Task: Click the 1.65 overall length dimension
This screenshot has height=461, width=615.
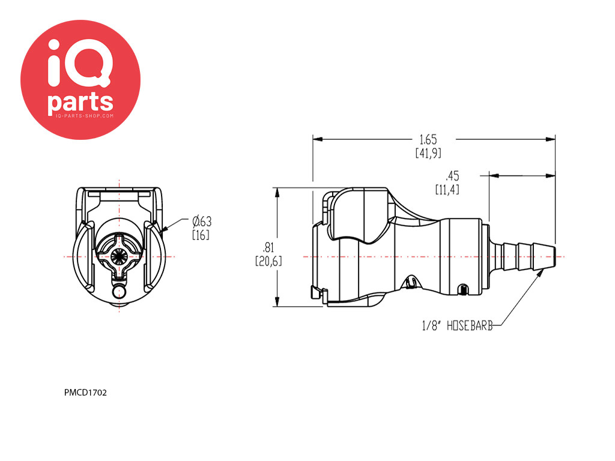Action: pos(428,139)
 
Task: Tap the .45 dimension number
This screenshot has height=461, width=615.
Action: pos(452,176)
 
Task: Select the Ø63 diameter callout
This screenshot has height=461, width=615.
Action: pos(201,221)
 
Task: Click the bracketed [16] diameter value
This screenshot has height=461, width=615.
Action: pos(201,235)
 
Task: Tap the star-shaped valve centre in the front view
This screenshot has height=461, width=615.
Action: pos(119,256)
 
